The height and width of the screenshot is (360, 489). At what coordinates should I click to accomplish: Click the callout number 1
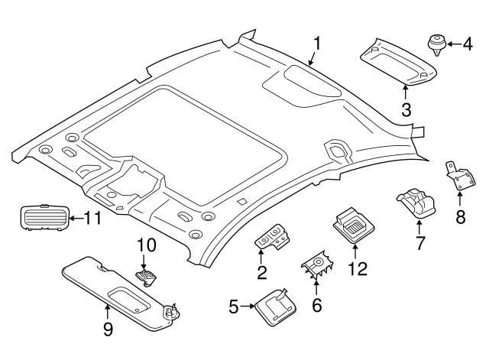[316, 44]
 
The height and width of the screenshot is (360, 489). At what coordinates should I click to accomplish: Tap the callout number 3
[406, 110]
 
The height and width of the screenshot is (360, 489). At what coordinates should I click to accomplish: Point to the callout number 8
[460, 217]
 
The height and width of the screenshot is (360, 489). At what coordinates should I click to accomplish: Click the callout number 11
[92, 219]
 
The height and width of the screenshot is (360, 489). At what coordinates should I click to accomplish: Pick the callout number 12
[357, 268]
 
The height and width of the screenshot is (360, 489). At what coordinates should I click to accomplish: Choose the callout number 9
[108, 329]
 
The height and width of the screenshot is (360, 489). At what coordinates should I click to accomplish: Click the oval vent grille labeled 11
[42, 218]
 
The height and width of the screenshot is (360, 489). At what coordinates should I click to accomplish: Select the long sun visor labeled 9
[115, 290]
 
